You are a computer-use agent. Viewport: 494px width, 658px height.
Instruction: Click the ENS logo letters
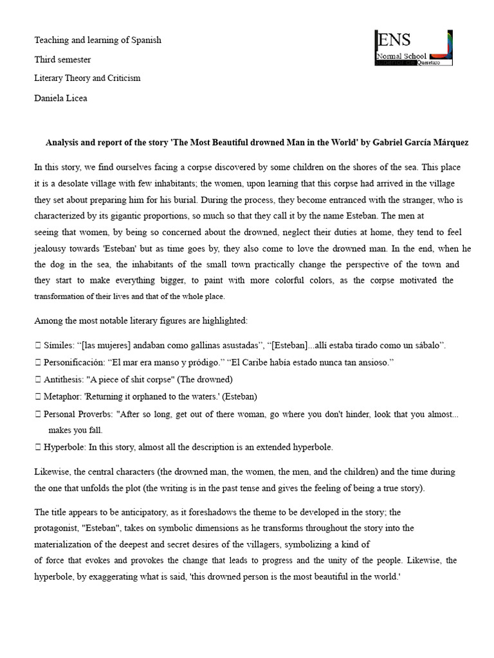[394, 40]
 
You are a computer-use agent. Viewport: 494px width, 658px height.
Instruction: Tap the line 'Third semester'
[62, 59]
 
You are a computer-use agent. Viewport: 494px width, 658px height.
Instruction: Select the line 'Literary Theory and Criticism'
[87, 78]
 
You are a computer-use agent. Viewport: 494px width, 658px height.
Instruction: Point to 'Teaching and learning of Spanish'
[98, 40]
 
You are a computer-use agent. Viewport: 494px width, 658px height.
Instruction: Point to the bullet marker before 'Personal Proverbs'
[38, 414]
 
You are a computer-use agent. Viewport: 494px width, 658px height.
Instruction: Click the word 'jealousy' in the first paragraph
[51, 247]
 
